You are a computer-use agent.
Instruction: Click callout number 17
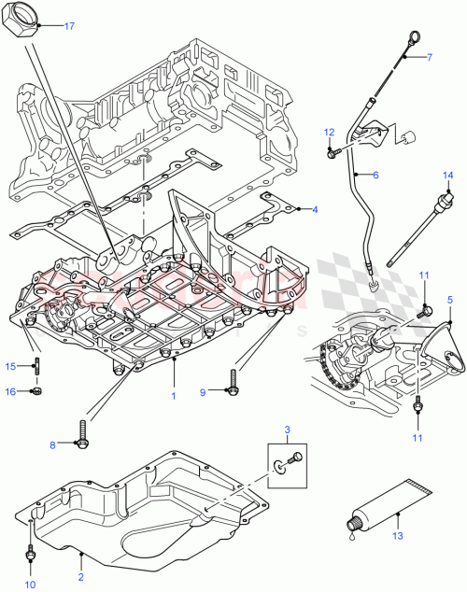[x=69, y=25]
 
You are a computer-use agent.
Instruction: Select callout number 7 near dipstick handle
[x=430, y=58]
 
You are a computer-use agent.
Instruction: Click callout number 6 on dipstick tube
[x=375, y=175]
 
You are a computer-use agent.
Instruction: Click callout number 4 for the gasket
[x=314, y=209]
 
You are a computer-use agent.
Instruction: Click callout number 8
[x=53, y=446]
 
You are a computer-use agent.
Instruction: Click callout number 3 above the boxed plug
[x=288, y=430]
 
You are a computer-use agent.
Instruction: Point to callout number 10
[x=29, y=584]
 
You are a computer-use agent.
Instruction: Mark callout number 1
[x=173, y=395]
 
